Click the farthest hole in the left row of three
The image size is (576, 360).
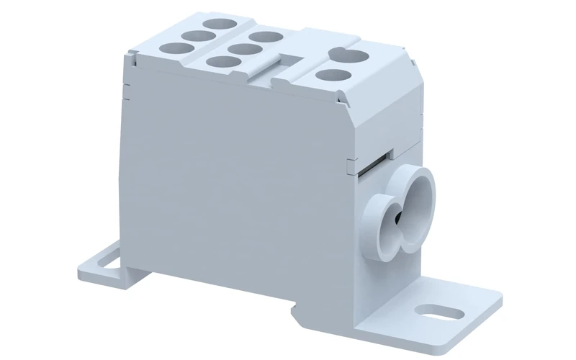coord(217,24)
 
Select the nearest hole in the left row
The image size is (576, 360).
coord(171,49)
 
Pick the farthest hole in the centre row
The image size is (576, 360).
coord(266,36)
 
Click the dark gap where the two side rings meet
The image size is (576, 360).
coord(400,216)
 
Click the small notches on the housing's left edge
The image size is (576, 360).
coord(125,90)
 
